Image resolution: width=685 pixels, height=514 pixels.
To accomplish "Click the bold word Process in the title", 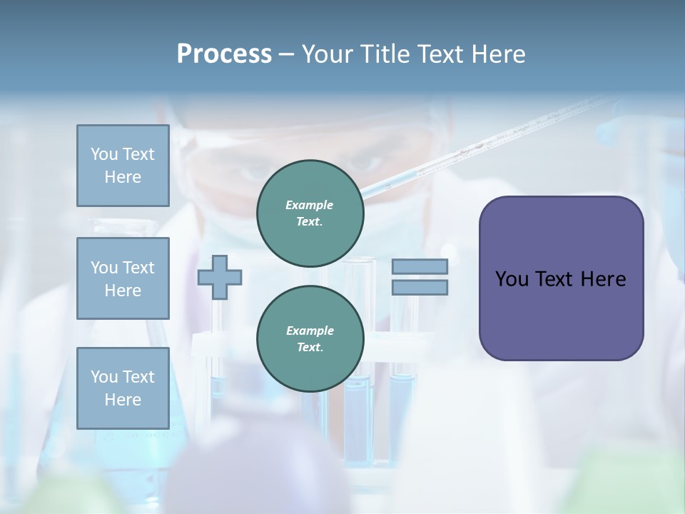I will [x=224, y=54].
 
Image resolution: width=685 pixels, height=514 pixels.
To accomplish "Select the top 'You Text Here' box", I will [x=123, y=166].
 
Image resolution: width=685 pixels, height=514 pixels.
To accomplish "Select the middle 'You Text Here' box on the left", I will [x=123, y=278].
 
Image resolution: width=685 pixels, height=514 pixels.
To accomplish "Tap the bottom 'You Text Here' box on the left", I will [x=123, y=388].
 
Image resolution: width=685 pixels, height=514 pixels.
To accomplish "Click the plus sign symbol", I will [x=220, y=277].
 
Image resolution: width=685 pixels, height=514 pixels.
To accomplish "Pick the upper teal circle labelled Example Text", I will [x=310, y=213].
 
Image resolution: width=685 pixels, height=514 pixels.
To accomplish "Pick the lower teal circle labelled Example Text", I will [x=310, y=338].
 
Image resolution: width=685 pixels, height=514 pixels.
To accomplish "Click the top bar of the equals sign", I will [x=420, y=267].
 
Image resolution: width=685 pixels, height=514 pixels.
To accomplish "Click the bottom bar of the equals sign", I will [x=420, y=288].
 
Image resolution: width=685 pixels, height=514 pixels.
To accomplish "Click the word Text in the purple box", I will [x=555, y=279].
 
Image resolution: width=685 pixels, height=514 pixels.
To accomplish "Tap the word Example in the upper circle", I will [x=310, y=205].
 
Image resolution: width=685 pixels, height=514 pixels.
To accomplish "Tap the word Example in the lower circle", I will [x=310, y=331].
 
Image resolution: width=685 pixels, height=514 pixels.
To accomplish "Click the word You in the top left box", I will [x=103, y=154].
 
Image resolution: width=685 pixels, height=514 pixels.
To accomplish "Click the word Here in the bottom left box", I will [x=123, y=400].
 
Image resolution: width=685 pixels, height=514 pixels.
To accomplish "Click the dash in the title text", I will [x=286, y=55].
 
